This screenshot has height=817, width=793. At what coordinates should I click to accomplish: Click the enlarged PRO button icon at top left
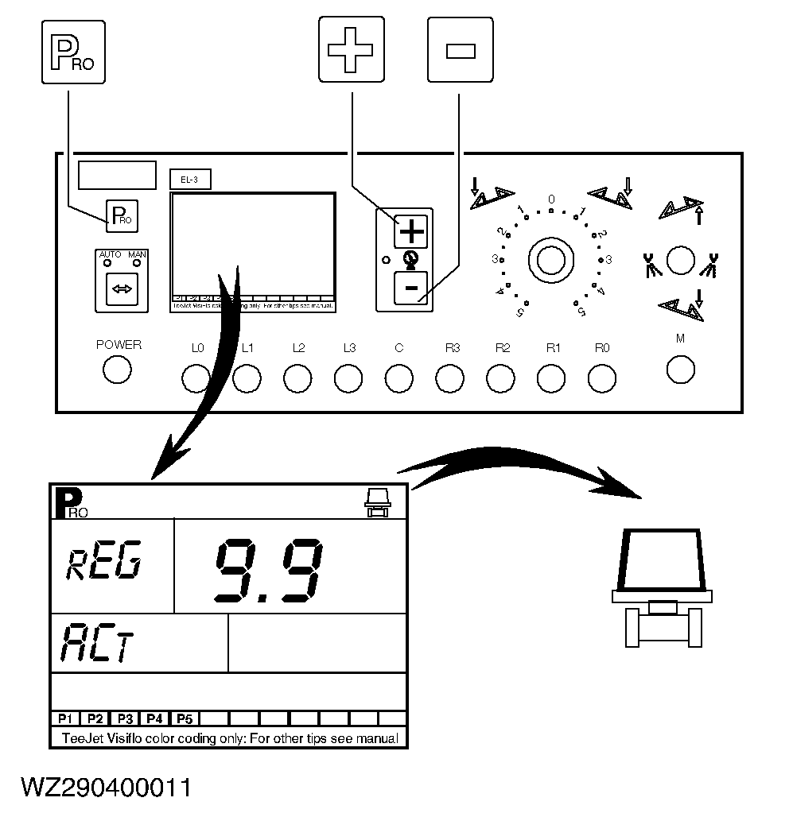pos(72,52)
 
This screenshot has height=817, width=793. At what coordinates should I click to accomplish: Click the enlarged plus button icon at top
pos(351,49)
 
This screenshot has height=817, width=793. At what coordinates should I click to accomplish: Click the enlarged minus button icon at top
pos(460,49)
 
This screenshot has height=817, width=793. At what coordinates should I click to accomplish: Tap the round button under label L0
pos(196,378)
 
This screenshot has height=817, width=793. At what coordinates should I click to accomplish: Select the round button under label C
pos(398,378)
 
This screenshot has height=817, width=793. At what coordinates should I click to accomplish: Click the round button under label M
pos(680,369)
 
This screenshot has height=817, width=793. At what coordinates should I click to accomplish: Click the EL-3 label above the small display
pos(189,180)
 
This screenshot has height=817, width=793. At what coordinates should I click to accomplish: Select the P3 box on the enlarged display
pos(124,718)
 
